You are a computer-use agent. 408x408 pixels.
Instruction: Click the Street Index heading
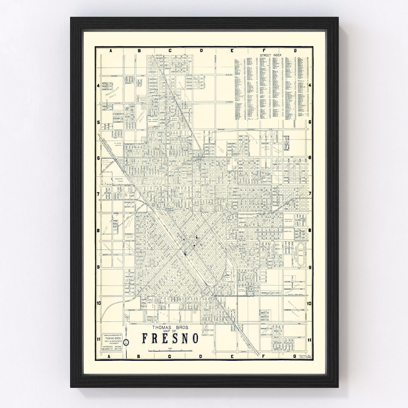click(271, 55)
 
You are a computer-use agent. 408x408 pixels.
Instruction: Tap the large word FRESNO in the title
click(170, 338)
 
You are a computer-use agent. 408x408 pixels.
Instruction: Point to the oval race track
click(301, 256)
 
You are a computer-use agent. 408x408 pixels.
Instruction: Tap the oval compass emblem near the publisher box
click(126, 342)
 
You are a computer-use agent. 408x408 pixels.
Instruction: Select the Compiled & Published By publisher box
click(112, 342)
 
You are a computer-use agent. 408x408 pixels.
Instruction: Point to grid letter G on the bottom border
click(295, 356)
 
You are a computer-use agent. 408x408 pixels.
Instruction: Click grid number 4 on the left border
click(98, 86)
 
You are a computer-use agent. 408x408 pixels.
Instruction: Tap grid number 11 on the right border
click(309, 340)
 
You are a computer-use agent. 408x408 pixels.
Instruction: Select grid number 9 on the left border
click(98, 267)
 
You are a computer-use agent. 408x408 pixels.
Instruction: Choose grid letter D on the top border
click(201, 50)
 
